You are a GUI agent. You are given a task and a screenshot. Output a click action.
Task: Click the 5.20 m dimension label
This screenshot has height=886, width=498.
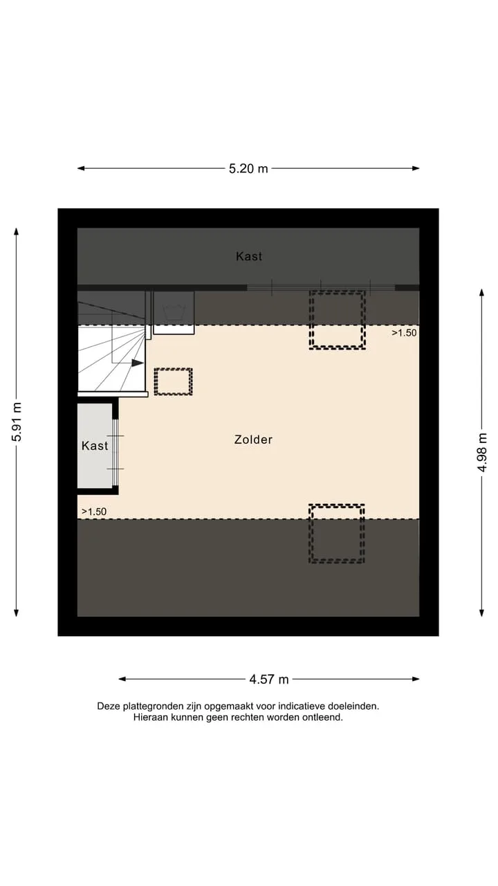(x=248, y=168)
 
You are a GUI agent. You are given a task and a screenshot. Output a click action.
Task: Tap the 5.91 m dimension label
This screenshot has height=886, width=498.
(x=17, y=422)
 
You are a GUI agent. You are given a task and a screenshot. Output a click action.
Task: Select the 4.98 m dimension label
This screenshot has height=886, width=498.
(x=482, y=453)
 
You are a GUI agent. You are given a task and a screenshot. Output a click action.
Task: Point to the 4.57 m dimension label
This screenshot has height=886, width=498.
(x=269, y=679)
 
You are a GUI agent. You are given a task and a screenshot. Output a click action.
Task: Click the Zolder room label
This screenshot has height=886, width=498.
(x=253, y=440)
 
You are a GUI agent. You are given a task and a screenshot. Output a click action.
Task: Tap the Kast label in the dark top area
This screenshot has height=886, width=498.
(x=249, y=256)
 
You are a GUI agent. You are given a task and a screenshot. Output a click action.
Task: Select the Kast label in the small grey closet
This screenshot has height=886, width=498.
(x=95, y=446)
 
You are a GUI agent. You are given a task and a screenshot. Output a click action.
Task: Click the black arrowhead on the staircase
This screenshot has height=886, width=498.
(x=137, y=363)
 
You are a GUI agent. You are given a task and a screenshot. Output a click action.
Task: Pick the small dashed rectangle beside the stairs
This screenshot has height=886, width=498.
(x=173, y=381)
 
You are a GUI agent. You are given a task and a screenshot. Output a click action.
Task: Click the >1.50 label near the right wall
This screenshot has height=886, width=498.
(x=404, y=333)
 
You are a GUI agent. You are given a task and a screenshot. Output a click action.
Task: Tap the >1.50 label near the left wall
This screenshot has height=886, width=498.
(x=94, y=512)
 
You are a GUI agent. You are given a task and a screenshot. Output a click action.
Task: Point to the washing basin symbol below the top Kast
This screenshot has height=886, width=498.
(x=174, y=312)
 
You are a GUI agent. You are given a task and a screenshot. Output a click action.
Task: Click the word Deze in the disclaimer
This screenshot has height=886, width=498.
(x=109, y=706)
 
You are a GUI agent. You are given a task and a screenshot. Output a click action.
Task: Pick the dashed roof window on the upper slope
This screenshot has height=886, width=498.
(x=337, y=320)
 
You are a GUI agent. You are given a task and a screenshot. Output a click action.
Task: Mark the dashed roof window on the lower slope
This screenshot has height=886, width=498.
(x=337, y=534)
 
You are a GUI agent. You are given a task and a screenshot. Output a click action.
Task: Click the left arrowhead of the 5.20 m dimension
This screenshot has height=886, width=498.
(x=81, y=168)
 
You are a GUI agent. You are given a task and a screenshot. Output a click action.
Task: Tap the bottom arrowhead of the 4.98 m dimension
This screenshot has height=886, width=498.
(x=482, y=613)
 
